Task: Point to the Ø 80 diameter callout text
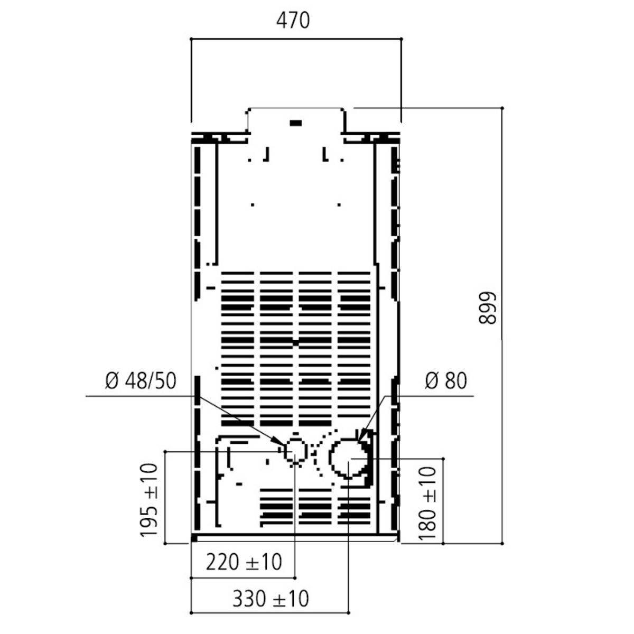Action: click(x=446, y=381)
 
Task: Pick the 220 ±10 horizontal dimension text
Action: click(x=244, y=562)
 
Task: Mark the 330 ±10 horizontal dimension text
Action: click(x=271, y=599)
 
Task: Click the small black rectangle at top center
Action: click(x=296, y=123)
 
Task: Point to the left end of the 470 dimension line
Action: click(x=191, y=39)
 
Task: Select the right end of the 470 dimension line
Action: click(x=401, y=39)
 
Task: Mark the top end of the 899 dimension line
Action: click(x=501, y=108)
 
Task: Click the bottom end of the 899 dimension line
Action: click(x=501, y=543)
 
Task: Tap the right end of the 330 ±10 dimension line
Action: click(x=349, y=613)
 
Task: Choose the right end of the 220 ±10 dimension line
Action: click(x=295, y=577)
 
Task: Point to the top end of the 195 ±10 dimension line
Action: click(x=166, y=452)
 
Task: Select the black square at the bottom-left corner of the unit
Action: click(x=194, y=538)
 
